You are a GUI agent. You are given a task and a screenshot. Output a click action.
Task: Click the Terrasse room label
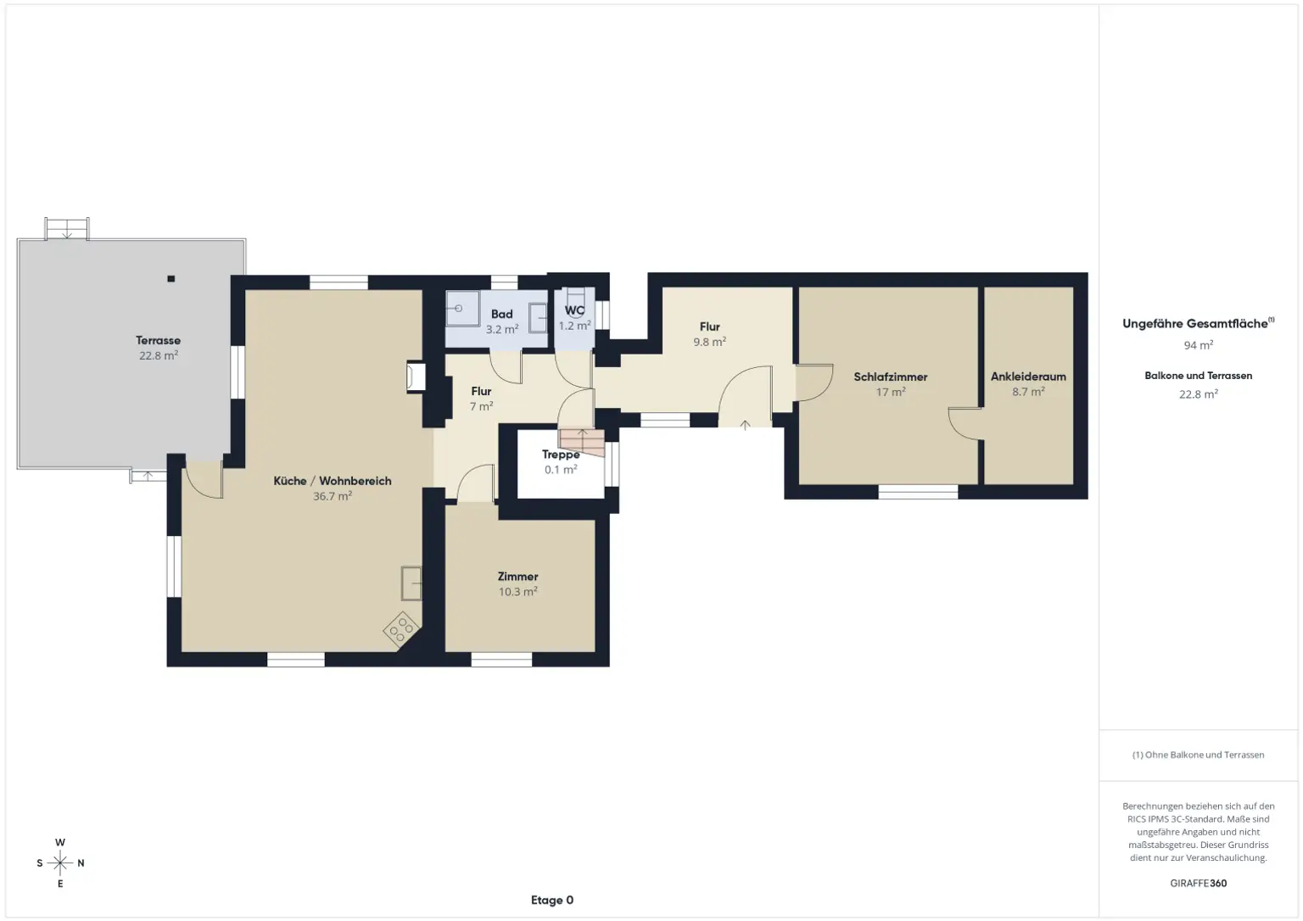(x=158, y=340)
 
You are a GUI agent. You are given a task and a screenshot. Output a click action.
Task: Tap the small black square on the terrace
(x=171, y=278)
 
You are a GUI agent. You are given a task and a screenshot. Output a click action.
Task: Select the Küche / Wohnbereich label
(x=332, y=481)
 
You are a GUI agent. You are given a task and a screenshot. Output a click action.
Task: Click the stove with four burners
(x=401, y=628)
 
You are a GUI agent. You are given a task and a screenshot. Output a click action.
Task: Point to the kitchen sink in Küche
(x=411, y=582)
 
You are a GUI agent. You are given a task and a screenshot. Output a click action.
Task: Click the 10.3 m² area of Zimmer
(x=517, y=592)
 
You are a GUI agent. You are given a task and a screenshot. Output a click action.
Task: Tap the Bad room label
(x=501, y=314)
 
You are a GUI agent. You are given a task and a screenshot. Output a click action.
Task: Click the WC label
(x=574, y=310)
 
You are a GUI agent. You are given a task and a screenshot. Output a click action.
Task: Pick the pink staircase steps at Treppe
(x=582, y=441)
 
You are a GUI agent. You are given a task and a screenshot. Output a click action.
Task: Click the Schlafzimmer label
(x=890, y=377)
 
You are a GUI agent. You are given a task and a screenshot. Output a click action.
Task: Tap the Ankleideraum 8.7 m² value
(x=1027, y=392)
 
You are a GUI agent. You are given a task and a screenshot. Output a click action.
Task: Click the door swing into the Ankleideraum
(x=965, y=423)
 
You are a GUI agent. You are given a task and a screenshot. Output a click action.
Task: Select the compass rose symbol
(x=60, y=863)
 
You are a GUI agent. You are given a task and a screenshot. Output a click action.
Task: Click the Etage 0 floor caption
(x=552, y=900)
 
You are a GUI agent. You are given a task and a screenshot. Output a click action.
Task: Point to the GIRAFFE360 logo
(x=1198, y=883)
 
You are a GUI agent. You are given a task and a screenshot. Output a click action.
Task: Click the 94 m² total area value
(x=1198, y=345)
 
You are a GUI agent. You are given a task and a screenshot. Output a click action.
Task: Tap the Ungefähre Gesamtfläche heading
(x=1196, y=323)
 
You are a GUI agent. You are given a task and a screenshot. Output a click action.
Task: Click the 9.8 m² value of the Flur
(x=709, y=342)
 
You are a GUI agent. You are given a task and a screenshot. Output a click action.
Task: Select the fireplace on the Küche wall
(x=416, y=377)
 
